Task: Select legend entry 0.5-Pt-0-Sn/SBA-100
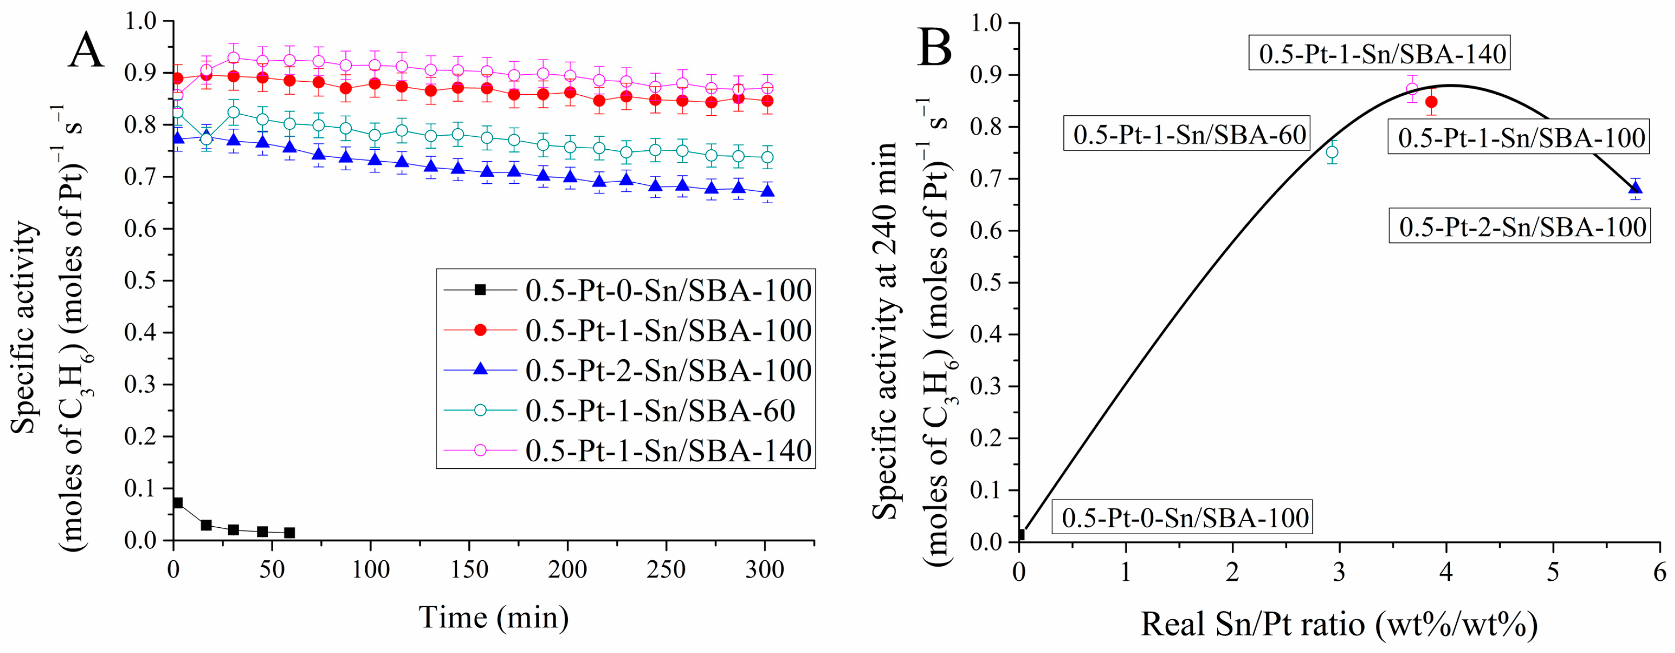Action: tap(668, 290)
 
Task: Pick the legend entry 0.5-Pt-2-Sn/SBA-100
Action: tap(668, 370)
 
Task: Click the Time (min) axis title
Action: tap(493, 616)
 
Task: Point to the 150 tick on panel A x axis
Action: tap(469, 570)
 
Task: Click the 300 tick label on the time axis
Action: tap(764, 570)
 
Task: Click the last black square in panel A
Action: tap(290, 533)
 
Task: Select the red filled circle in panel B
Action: tap(1431, 102)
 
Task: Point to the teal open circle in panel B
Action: tap(1332, 152)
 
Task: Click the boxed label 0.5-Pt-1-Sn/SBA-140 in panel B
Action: tap(1382, 54)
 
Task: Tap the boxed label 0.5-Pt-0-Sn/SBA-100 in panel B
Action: tap(1185, 518)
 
